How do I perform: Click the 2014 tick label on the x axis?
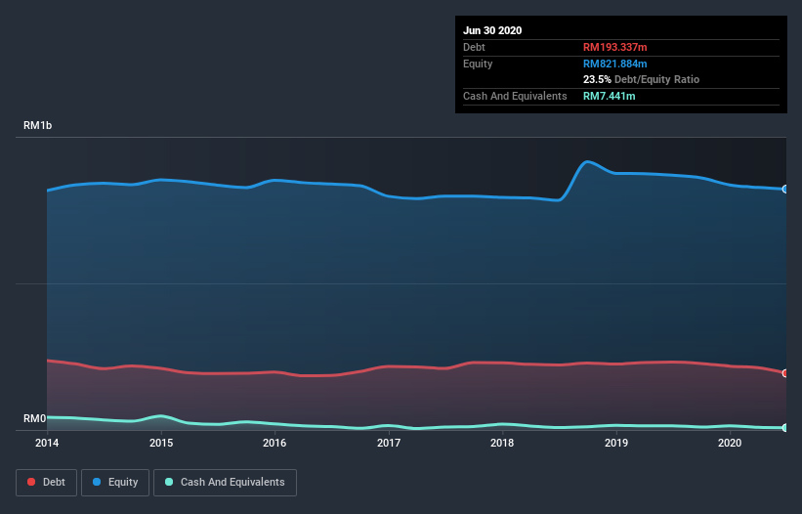(x=47, y=443)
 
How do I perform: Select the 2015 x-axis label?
(x=161, y=443)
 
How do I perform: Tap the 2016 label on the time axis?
(x=274, y=443)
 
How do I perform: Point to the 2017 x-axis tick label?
(x=389, y=443)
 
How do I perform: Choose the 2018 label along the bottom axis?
(x=502, y=443)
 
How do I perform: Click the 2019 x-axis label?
(x=616, y=443)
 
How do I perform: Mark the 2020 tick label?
(x=730, y=443)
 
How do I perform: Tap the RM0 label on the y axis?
(x=35, y=418)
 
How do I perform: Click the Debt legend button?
(x=47, y=482)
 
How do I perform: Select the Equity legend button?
(x=115, y=482)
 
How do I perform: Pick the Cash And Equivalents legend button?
(x=225, y=482)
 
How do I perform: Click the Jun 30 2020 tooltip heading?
(x=492, y=30)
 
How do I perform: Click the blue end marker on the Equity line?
(x=784, y=189)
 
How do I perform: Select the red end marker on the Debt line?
(x=784, y=373)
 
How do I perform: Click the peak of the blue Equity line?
(x=587, y=161)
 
